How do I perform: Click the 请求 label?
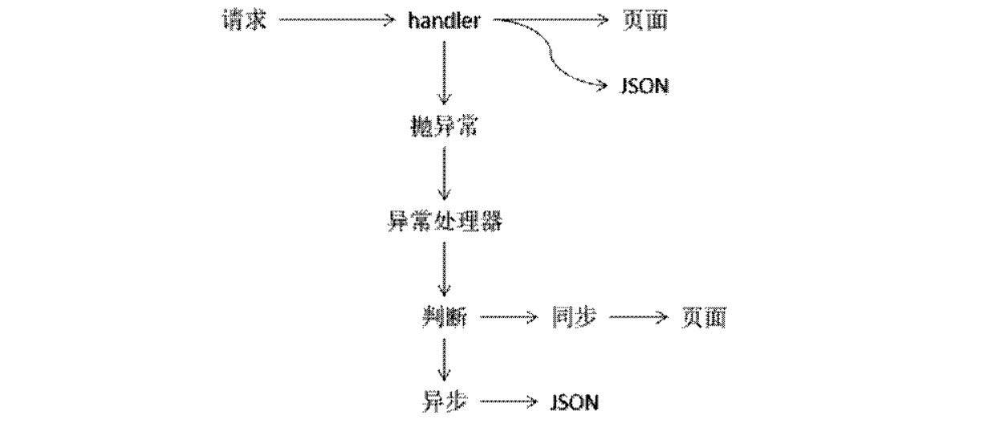click(245, 21)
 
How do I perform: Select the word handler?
click(444, 21)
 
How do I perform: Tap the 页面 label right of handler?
click(645, 21)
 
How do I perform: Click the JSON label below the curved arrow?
click(644, 86)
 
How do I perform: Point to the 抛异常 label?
click(444, 126)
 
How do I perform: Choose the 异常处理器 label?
click(445, 221)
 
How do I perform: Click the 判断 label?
click(445, 317)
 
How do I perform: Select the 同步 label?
click(574, 317)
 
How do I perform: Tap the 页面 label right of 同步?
click(705, 318)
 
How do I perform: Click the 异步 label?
click(445, 401)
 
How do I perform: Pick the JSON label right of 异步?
click(575, 402)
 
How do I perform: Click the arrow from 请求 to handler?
click(337, 20)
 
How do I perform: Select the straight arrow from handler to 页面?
click(551, 20)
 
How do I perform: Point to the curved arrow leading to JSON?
click(550, 53)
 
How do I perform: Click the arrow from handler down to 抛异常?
click(444, 72)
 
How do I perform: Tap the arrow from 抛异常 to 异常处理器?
click(444, 173)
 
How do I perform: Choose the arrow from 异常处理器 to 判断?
click(444, 269)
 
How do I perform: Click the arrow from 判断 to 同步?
click(509, 317)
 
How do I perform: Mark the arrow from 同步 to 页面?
click(639, 317)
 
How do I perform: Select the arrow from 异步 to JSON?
click(509, 401)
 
